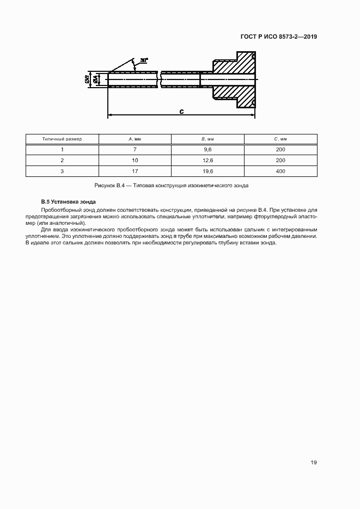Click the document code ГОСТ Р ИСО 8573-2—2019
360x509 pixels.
click(x=279, y=37)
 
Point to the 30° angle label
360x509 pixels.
click(x=144, y=60)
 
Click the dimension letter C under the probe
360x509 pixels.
click(x=181, y=112)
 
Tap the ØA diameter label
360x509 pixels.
click(x=96, y=79)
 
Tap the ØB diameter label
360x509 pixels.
click(x=88, y=79)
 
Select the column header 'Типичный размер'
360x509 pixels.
click(x=62, y=139)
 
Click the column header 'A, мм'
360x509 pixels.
click(x=135, y=139)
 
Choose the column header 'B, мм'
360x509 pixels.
click(x=208, y=139)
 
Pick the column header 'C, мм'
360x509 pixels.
click(x=280, y=139)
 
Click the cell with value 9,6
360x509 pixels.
click(x=208, y=150)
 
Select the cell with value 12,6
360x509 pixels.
click(x=208, y=161)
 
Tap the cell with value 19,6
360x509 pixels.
click(x=208, y=171)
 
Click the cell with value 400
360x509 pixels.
click(x=280, y=171)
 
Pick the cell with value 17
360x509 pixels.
click(x=135, y=171)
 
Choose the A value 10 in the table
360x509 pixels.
click(x=135, y=161)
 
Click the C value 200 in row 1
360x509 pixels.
click(x=280, y=150)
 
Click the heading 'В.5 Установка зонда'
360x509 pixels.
click(x=68, y=202)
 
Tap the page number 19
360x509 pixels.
click(x=314, y=463)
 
